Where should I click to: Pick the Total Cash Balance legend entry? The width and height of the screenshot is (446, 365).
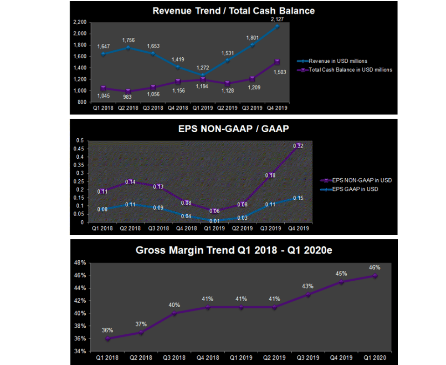tap(350, 69)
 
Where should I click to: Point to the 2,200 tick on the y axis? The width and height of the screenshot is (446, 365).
tap(80, 22)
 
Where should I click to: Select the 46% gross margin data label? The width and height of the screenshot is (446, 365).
tap(374, 267)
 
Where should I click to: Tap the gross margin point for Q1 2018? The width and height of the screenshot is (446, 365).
tap(108, 338)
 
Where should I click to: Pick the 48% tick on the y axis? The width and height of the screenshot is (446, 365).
tap(79, 263)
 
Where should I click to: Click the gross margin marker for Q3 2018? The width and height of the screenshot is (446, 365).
tap(174, 313)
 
